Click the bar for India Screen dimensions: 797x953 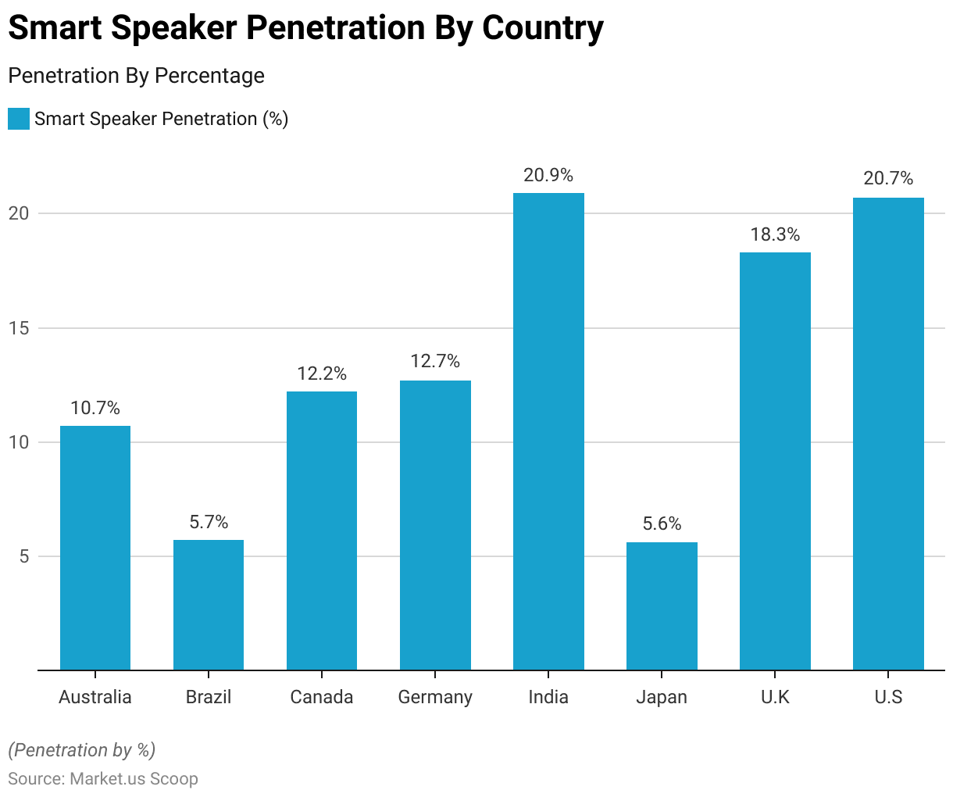(x=548, y=431)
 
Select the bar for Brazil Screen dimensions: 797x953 (x=209, y=605)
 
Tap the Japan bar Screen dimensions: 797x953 (x=662, y=606)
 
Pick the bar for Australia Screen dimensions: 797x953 (x=95, y=548)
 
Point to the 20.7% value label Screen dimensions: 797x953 (x=888, y=178)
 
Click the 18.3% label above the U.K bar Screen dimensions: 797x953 (x=775, y=234)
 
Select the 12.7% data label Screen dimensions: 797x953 (x=435, y=361)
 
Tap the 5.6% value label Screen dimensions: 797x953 (x=662, y=524)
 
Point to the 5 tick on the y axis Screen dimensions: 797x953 (x=25, y=557)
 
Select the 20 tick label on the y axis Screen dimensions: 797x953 (x=20, y=213)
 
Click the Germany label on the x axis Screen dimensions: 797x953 (x=435, y=697)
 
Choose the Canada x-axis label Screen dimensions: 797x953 (x=322, y=697)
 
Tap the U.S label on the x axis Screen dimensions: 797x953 (x=888, y=697)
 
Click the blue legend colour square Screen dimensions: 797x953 (x=19, y=119)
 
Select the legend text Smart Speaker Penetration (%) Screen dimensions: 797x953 (x=162, y=119)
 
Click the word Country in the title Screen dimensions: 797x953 (x=542, y=28)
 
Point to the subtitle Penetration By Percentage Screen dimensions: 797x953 (x=136, y=76)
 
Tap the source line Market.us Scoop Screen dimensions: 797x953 (x=103, y=779)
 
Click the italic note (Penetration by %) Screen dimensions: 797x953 (x=82, y=750)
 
